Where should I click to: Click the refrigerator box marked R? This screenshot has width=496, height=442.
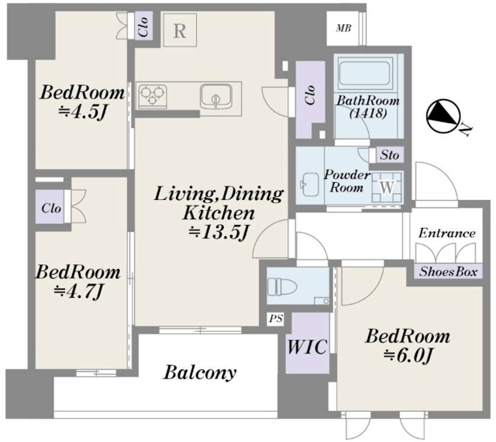point(180,30)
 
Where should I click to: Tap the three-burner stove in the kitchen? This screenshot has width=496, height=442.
point(153,95)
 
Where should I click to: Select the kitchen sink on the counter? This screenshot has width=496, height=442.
point(215,96)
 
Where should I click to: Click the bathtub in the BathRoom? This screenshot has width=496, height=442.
point(364,73)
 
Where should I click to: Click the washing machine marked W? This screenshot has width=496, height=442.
point(387,188)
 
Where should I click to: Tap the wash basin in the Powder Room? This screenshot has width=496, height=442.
point(310,185)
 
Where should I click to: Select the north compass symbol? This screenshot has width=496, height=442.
point(442,117)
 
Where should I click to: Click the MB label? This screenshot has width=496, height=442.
point(343,29)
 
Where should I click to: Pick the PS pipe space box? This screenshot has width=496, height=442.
point(276,319)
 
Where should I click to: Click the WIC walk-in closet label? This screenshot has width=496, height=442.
point(307,347)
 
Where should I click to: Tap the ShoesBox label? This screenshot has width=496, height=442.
point(448,272)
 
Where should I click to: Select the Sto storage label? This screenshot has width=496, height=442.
point(389,155)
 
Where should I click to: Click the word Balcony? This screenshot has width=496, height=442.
point(200,373)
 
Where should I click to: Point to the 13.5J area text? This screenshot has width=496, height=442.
point(219,233)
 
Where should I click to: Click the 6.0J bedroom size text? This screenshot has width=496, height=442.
point(408,355)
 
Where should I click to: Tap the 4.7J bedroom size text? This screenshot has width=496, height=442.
point(78,292)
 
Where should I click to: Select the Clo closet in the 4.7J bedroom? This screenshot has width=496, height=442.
point(51,209)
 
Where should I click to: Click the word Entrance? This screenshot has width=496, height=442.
point(446,233)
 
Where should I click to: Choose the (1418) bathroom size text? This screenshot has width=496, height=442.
point(368,113)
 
